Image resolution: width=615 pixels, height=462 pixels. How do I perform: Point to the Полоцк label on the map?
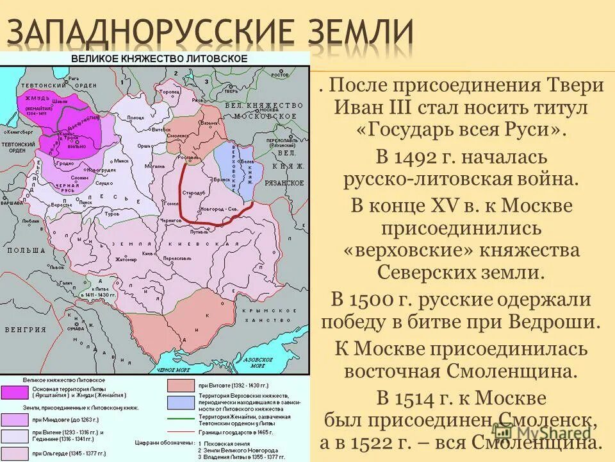[x=136, y=118]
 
